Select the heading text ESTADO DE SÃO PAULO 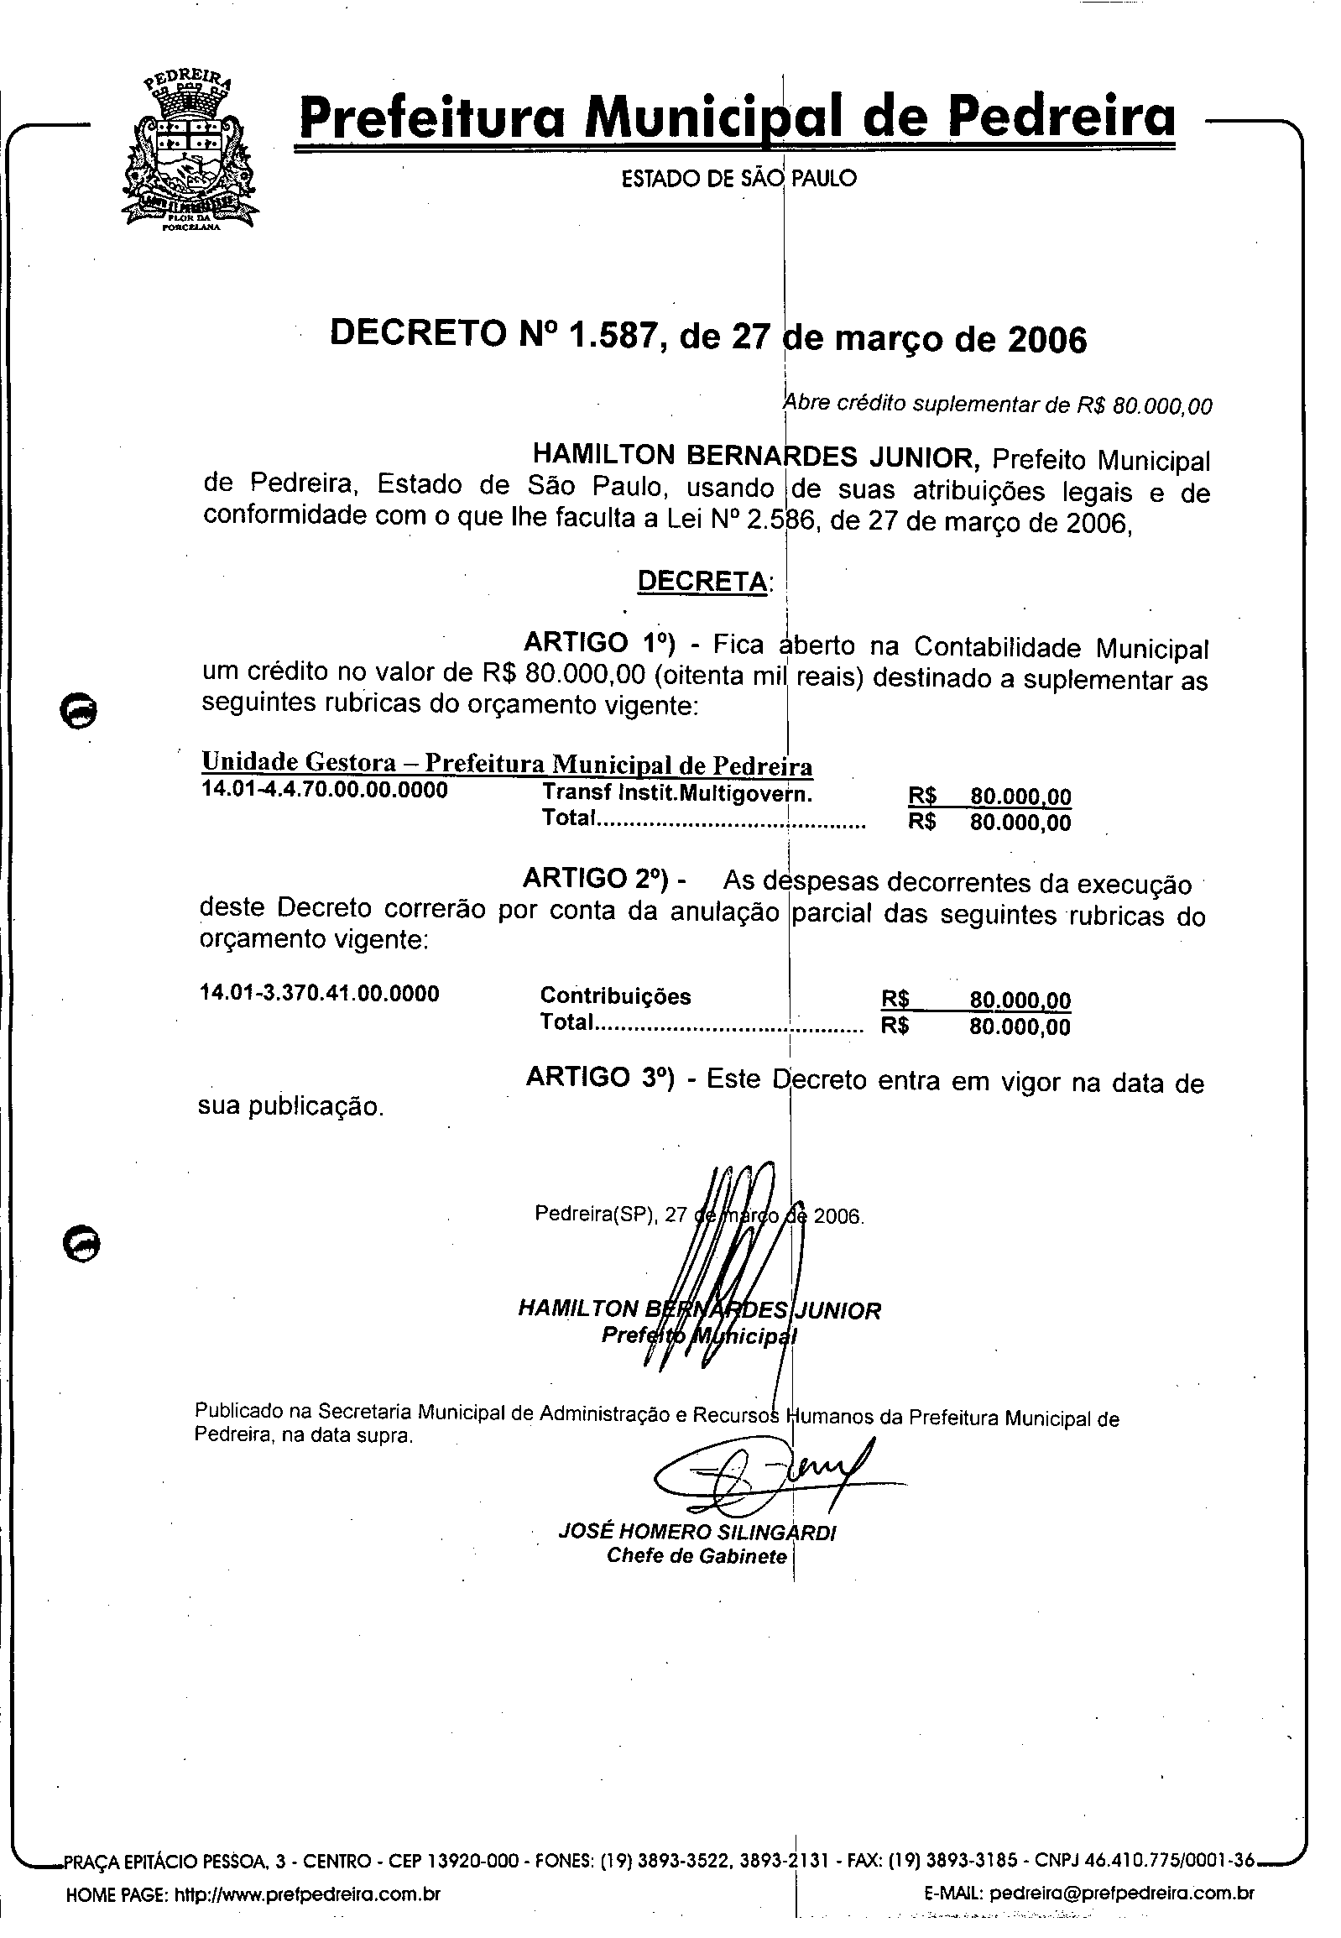(738, 178)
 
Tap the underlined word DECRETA (702, 581)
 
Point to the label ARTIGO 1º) (599, 643)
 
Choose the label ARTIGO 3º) (600, 1079)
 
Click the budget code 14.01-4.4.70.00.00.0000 (324, 791)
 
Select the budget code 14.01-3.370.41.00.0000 (319, 995)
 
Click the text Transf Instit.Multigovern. (676, 793)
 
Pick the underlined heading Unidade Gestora (298, 762)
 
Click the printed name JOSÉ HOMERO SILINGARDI (697, 1532)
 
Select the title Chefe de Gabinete (697, 1556)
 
